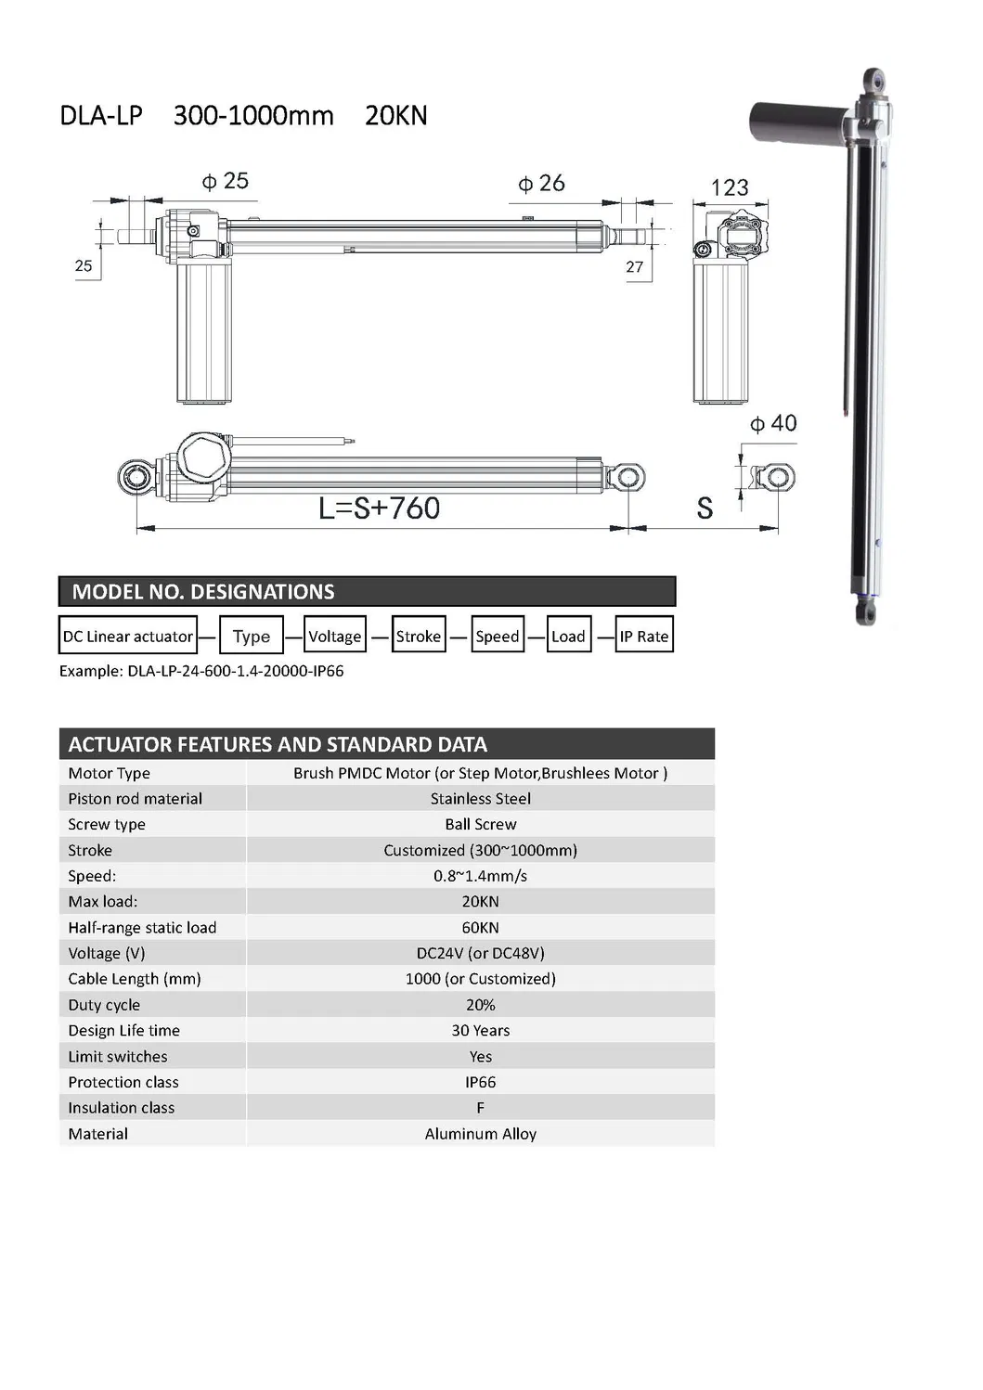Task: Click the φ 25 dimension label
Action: tap(226, 181)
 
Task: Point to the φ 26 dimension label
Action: tap(541, 184)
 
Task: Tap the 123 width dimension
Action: tap(730, 187)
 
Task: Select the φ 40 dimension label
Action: tap(773, 423)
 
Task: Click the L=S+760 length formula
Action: tap(379, 508)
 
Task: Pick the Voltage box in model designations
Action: tap(334, 636)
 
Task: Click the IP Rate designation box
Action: tap(643, 636)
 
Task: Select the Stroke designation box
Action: tap(419, 636)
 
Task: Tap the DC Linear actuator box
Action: tap(128, 636)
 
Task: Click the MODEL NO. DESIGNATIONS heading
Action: tap(203, 592)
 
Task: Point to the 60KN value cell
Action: tap(480, 927)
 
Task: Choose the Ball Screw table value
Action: tap(480, 824)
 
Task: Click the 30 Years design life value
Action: tap(480, 1030)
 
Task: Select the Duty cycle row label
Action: tap(104, 1005)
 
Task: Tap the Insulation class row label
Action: tap(121, 1108)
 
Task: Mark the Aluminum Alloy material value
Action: tap(480, 1134)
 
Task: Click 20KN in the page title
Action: tap(396, 116)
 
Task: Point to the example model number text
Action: tap(201, 671)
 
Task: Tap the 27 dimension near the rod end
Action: tap(634, 267)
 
